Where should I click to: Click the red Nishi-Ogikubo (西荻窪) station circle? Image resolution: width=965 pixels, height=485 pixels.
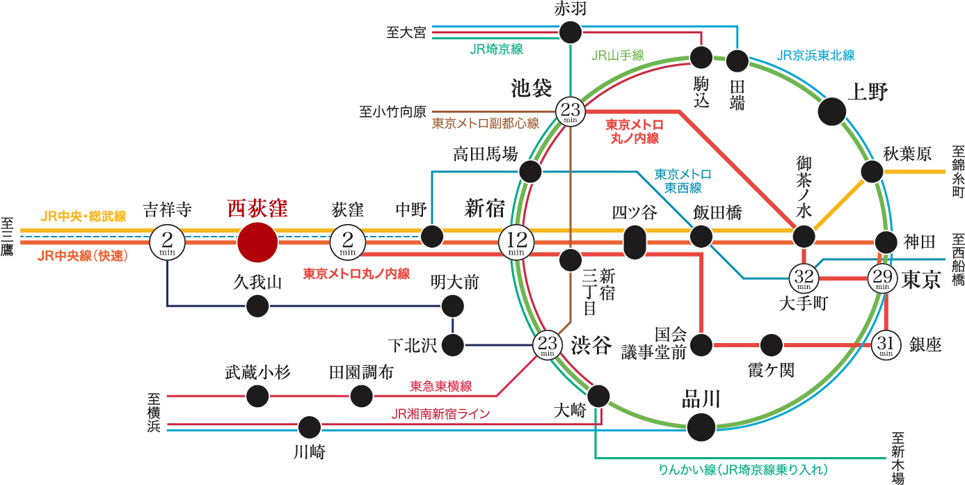point(257,242)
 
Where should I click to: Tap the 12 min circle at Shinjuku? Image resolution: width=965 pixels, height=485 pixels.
point(516,242)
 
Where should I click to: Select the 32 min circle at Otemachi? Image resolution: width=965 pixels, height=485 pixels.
point(804,278)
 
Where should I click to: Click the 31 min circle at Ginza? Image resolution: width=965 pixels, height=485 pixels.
point(886,344)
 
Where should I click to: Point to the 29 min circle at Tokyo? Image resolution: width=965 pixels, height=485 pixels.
point(883,278)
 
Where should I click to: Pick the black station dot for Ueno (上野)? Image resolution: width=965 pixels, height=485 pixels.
point(831,111)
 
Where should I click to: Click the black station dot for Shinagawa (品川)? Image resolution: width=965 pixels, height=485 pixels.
point(701,427)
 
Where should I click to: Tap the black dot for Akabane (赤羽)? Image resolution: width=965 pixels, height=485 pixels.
point(571,32)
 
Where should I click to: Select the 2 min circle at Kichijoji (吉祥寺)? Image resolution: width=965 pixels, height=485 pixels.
point(167,242)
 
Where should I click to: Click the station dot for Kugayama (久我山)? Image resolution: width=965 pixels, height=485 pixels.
point(257,305)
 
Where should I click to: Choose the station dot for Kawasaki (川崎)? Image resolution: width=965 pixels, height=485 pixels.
point(309,427)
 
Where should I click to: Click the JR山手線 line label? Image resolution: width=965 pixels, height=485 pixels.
point(618,56)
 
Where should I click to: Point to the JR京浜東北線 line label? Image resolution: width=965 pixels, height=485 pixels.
point(815,56)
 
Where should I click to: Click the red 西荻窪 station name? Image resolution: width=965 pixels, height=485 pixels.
point(257,209)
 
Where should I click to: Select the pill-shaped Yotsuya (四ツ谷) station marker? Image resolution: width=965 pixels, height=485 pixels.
point(635,242)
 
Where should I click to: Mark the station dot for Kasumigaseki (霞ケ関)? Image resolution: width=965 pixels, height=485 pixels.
point(771,344)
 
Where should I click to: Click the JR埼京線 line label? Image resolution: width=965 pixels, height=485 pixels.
point(496,49)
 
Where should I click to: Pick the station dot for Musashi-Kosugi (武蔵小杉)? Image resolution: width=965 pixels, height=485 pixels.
point(257,396)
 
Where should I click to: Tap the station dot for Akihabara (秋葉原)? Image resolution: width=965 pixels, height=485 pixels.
point(872,171)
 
